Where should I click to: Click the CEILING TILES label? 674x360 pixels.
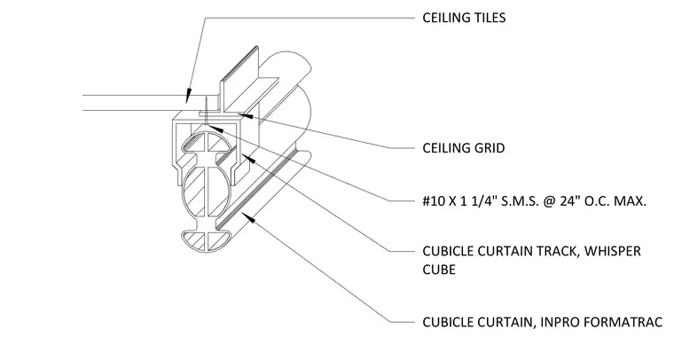pyautogui.click(x=464, y=18)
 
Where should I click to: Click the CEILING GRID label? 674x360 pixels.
pyautogui.click(x=463, y=148)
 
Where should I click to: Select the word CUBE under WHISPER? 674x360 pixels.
pyautogui.click(x=439, y=270)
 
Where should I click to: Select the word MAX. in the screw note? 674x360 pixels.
pyautogui.click(x=631, y=200)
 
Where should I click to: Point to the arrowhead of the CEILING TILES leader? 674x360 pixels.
pyautogui.click(x=188, y=96)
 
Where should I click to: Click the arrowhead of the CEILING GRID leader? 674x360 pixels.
pyautogui.click(x=244, y=115)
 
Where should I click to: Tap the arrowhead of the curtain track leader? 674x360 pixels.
pyautogui.click(x=248, y=159)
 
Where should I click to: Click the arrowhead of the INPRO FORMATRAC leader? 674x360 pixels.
pyautogui.click(x=248, y=217)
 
